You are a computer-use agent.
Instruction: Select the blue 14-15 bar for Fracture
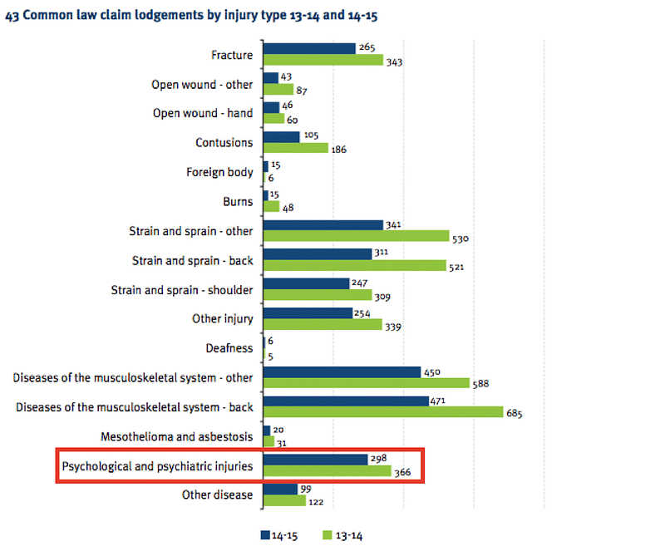pos(309,49)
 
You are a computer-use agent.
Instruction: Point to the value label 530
pos(461,239)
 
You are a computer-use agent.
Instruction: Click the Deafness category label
pos(229,348)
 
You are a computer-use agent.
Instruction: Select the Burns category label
pos(237,202)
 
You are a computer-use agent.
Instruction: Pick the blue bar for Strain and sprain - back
pos(317,254)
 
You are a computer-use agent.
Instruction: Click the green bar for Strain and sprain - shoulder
pos(317,295)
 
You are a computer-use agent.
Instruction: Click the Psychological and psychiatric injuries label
pos(157,465)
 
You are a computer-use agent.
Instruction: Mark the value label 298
pos(378,457)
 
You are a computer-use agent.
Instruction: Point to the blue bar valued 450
pos(342,371)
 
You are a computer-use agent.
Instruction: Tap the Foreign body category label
pos(219,172)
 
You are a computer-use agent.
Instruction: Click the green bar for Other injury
pos(323,324)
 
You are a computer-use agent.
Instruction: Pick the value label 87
pos(304,90)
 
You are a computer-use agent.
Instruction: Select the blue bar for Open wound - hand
pos(271,107)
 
